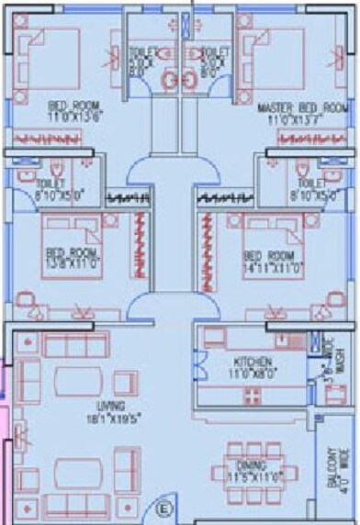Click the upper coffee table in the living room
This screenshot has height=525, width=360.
[81, 379]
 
